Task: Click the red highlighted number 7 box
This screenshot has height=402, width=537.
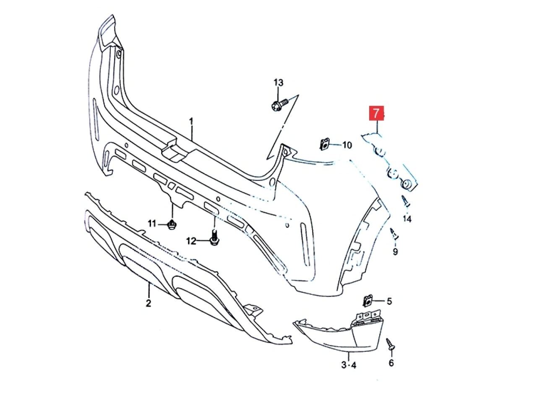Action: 376,113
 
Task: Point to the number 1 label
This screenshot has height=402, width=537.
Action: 191,121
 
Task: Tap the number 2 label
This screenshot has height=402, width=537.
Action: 149,303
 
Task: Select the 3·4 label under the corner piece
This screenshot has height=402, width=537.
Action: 349,365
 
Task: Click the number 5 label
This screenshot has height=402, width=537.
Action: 389,301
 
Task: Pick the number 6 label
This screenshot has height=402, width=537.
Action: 391,363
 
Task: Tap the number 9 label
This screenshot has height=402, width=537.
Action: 395,252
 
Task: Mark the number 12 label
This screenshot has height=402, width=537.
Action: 191,241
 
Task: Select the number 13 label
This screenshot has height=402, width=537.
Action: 279,82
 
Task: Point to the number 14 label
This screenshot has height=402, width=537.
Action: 407,219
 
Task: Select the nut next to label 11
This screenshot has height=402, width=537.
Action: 172,225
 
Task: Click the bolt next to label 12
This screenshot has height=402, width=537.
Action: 214,239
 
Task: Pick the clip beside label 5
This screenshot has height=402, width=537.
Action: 368,300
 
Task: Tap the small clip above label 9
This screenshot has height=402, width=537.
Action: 394,233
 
